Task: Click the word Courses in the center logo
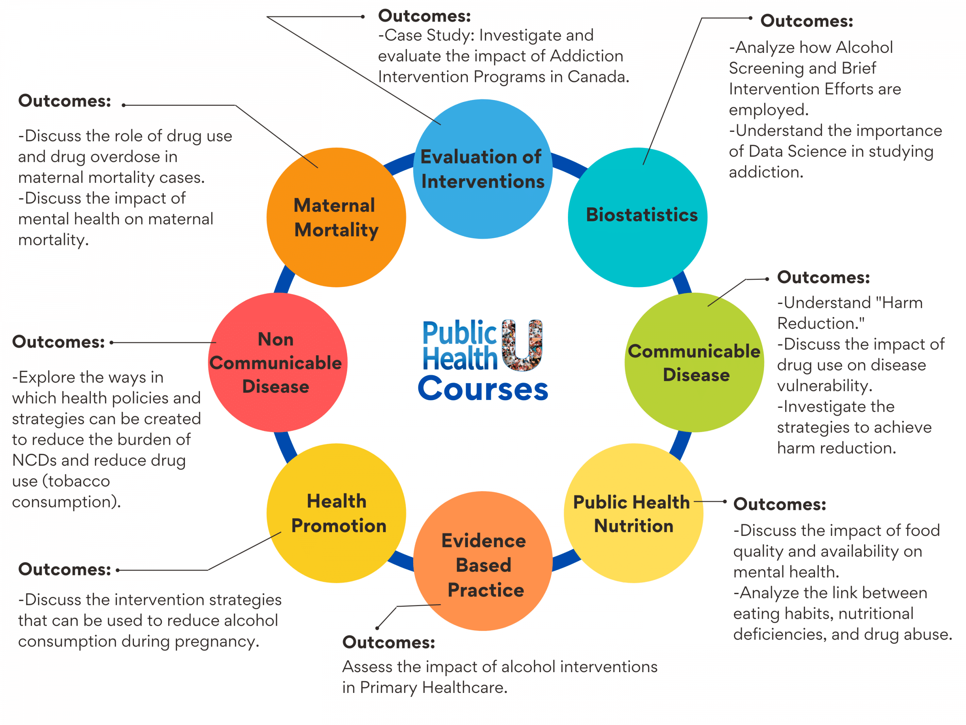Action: pos(483,389)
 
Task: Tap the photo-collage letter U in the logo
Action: pos(522,345)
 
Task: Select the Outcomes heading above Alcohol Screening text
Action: pos(807,21)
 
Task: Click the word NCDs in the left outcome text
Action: pos(34,460)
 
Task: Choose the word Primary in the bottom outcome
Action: pos(389,687)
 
